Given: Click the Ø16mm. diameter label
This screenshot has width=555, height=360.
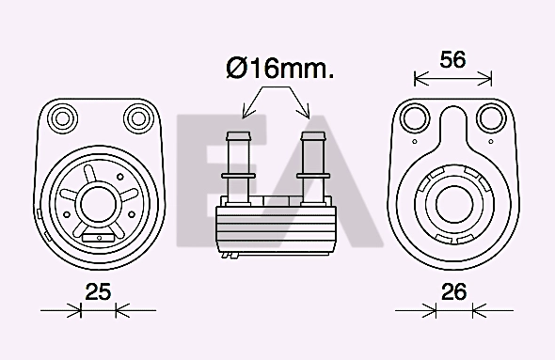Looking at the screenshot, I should tap(279, 69).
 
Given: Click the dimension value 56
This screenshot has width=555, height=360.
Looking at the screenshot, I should tap(453, 59).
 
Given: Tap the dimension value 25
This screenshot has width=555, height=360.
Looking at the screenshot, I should tap(98, 292).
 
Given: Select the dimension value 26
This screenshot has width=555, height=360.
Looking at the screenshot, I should tap(454, 292).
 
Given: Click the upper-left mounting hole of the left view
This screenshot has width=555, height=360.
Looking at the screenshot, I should tap(64, 117).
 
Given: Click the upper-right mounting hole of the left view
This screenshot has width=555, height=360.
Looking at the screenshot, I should tap(139, 117).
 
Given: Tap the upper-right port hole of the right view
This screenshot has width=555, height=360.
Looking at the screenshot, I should tap(490, 117).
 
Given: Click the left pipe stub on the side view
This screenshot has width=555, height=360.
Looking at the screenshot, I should tap(236, 164).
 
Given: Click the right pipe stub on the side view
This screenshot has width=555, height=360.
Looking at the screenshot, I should tap(310, 164).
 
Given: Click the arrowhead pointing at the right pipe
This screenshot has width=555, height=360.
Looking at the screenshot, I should tap(307, 113).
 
